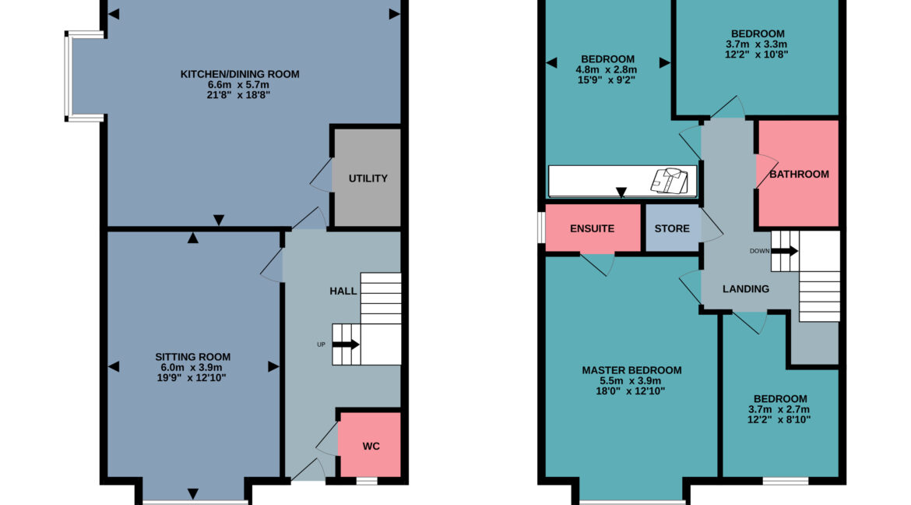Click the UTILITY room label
click(x=368, y=178)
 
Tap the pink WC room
click(x=370, y=445)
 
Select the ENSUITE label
click(x=592, y=228)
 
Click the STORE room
click(x=672, y=228)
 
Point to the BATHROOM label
click(x=799, y=174)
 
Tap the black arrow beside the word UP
click(x=346, y=344)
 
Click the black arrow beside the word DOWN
click(x=784, y=251)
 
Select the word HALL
click(x=343, y=291)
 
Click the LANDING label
click(x=745, y=289)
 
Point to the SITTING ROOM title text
click(x=192, y=357)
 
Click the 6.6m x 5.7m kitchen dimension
click(x=239, y=84)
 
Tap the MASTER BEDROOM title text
click(x=631, y=371)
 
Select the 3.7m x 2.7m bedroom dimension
click(x=779, y=409)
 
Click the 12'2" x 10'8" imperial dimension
click(x=757, y=55)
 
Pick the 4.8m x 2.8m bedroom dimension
click(x=607, y=69)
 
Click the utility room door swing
click(x=322, y=175)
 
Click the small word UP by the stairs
click(x=321, y=344)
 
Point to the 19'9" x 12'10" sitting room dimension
click(x=192, y=378)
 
